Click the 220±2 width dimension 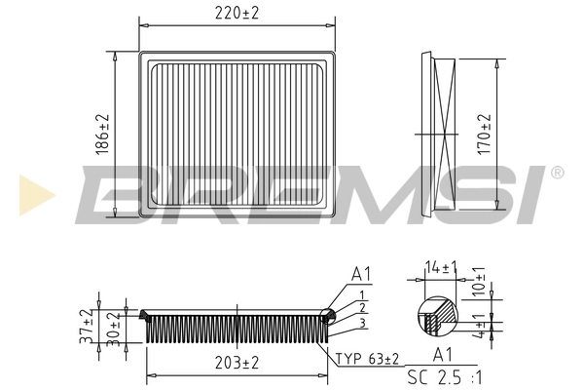pyautogui.click(x=237, y=12)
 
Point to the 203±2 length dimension pyautogui.click(x=236, y=362)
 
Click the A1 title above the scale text pyautogui.click(x=444, y=356)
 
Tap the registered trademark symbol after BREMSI pyautogui.click(x=557, y=173)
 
